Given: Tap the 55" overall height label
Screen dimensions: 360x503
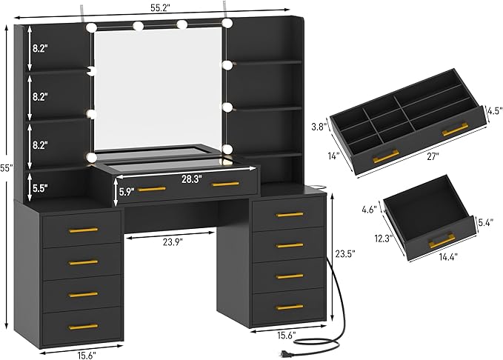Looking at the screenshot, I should [x=7, y=170].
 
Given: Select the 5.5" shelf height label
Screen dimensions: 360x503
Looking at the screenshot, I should [x=40, y=188].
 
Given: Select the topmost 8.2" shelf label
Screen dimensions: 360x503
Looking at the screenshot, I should [x=40, y=48].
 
